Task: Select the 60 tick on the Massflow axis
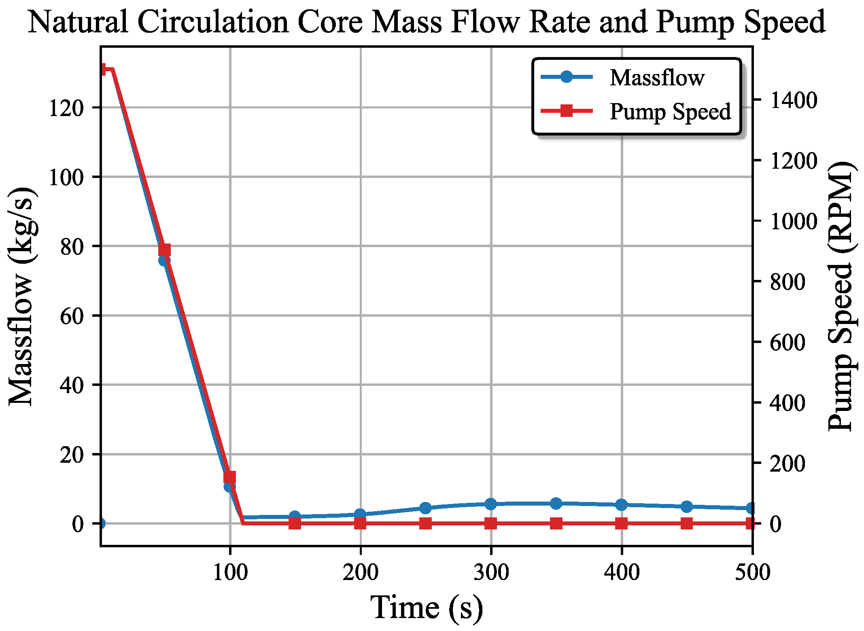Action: [72, 316]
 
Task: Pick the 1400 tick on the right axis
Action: [793, 100]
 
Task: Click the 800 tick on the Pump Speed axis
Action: [787, 282]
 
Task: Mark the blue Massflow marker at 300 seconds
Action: [491, 504]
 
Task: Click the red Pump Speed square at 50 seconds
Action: [164, 250]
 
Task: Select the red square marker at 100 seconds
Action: [230, 477]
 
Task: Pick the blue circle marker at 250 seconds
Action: [425, 508]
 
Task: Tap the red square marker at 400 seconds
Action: [622, 524]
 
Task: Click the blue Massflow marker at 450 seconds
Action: [687, 506]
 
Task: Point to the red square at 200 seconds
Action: [360, 524]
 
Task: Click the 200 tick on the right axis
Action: [787, 464]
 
